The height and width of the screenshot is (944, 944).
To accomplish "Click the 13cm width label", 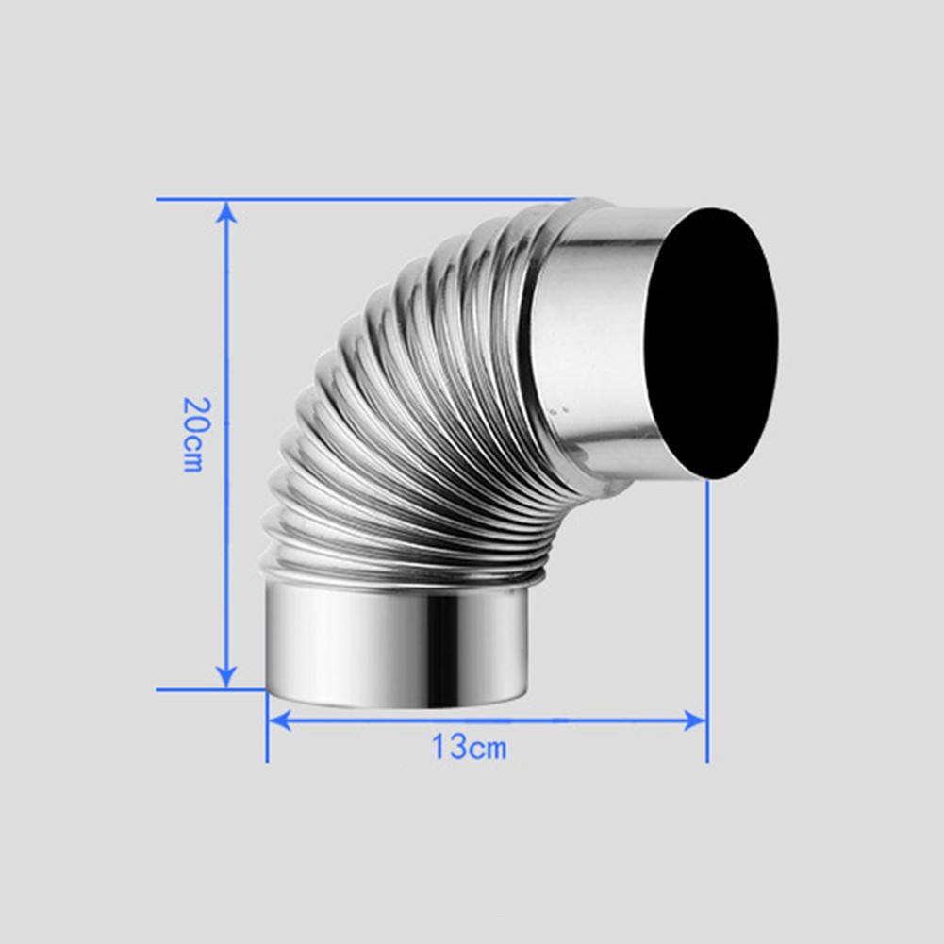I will [x=469, y=748].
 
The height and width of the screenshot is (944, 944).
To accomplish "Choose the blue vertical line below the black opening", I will [x=706, y=613].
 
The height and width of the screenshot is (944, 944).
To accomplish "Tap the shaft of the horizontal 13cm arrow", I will [x=566, y=720].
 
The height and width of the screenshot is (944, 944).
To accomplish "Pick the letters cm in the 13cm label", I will [x=488, y=750].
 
